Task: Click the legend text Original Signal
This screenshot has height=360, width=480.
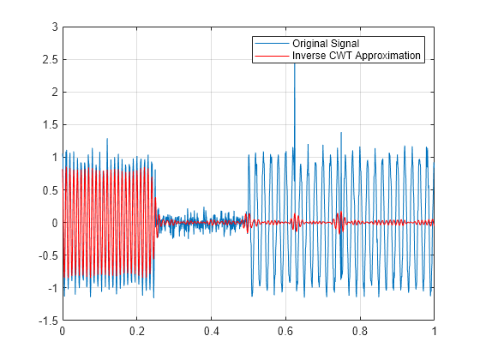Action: point(325,43)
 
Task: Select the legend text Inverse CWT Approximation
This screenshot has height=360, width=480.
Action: point(357,55)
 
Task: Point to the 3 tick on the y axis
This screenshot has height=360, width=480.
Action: point(54,27)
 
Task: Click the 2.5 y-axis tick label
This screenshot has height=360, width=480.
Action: point(50,60)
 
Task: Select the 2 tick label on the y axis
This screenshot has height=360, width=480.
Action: point(54,93)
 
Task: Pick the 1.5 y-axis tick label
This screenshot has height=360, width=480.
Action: point(50,125)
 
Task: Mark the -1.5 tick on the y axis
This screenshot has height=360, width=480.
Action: point(48,321)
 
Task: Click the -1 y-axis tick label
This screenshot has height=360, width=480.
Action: point(51,288)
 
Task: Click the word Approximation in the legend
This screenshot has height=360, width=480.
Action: point(386,55)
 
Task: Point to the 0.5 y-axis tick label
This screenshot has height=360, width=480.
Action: point(50,190)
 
